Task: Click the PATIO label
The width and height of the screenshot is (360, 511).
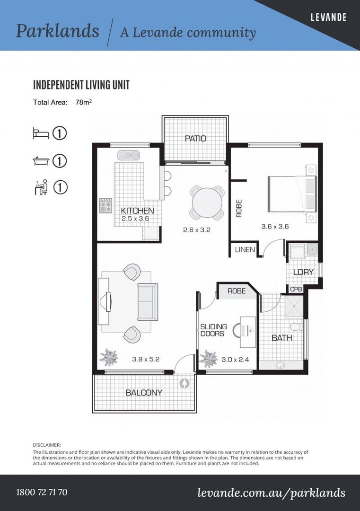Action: [195, 139]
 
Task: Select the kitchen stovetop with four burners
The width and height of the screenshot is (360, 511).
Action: [106, 205]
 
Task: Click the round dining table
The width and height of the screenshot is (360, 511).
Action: [207, 203]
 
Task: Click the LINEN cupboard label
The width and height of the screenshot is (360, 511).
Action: [245, 250]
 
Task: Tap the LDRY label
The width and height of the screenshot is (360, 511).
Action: [303, 272]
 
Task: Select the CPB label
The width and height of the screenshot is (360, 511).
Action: [296, 289]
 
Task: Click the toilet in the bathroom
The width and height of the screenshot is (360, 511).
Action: [297, 326]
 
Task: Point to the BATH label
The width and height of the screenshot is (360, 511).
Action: [282, 338]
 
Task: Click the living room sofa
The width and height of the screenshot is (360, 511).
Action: [148, 302]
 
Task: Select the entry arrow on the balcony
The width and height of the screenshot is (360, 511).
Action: [184, 383]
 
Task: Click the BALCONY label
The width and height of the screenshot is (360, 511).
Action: [144, 393]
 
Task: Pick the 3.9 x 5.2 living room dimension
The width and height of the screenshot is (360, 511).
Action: [146, 360]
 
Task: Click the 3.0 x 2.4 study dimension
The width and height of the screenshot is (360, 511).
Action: [235, 360]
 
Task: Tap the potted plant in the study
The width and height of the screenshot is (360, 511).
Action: [208, 359]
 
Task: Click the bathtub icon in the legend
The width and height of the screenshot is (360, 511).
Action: [41, 161]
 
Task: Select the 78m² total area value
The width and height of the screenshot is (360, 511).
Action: [83, 102]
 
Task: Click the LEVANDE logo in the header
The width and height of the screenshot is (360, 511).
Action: [328, 18]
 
